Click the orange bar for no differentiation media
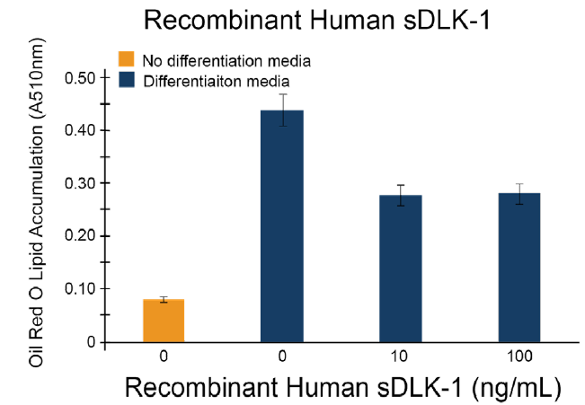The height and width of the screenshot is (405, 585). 164,321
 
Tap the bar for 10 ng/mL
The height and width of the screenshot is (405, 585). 401,269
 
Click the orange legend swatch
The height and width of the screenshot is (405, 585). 128,60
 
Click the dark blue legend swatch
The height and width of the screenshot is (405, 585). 128,79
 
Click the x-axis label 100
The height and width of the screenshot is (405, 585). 519,357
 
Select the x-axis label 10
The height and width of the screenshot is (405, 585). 401,357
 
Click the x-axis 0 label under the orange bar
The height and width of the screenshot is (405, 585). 164,357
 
